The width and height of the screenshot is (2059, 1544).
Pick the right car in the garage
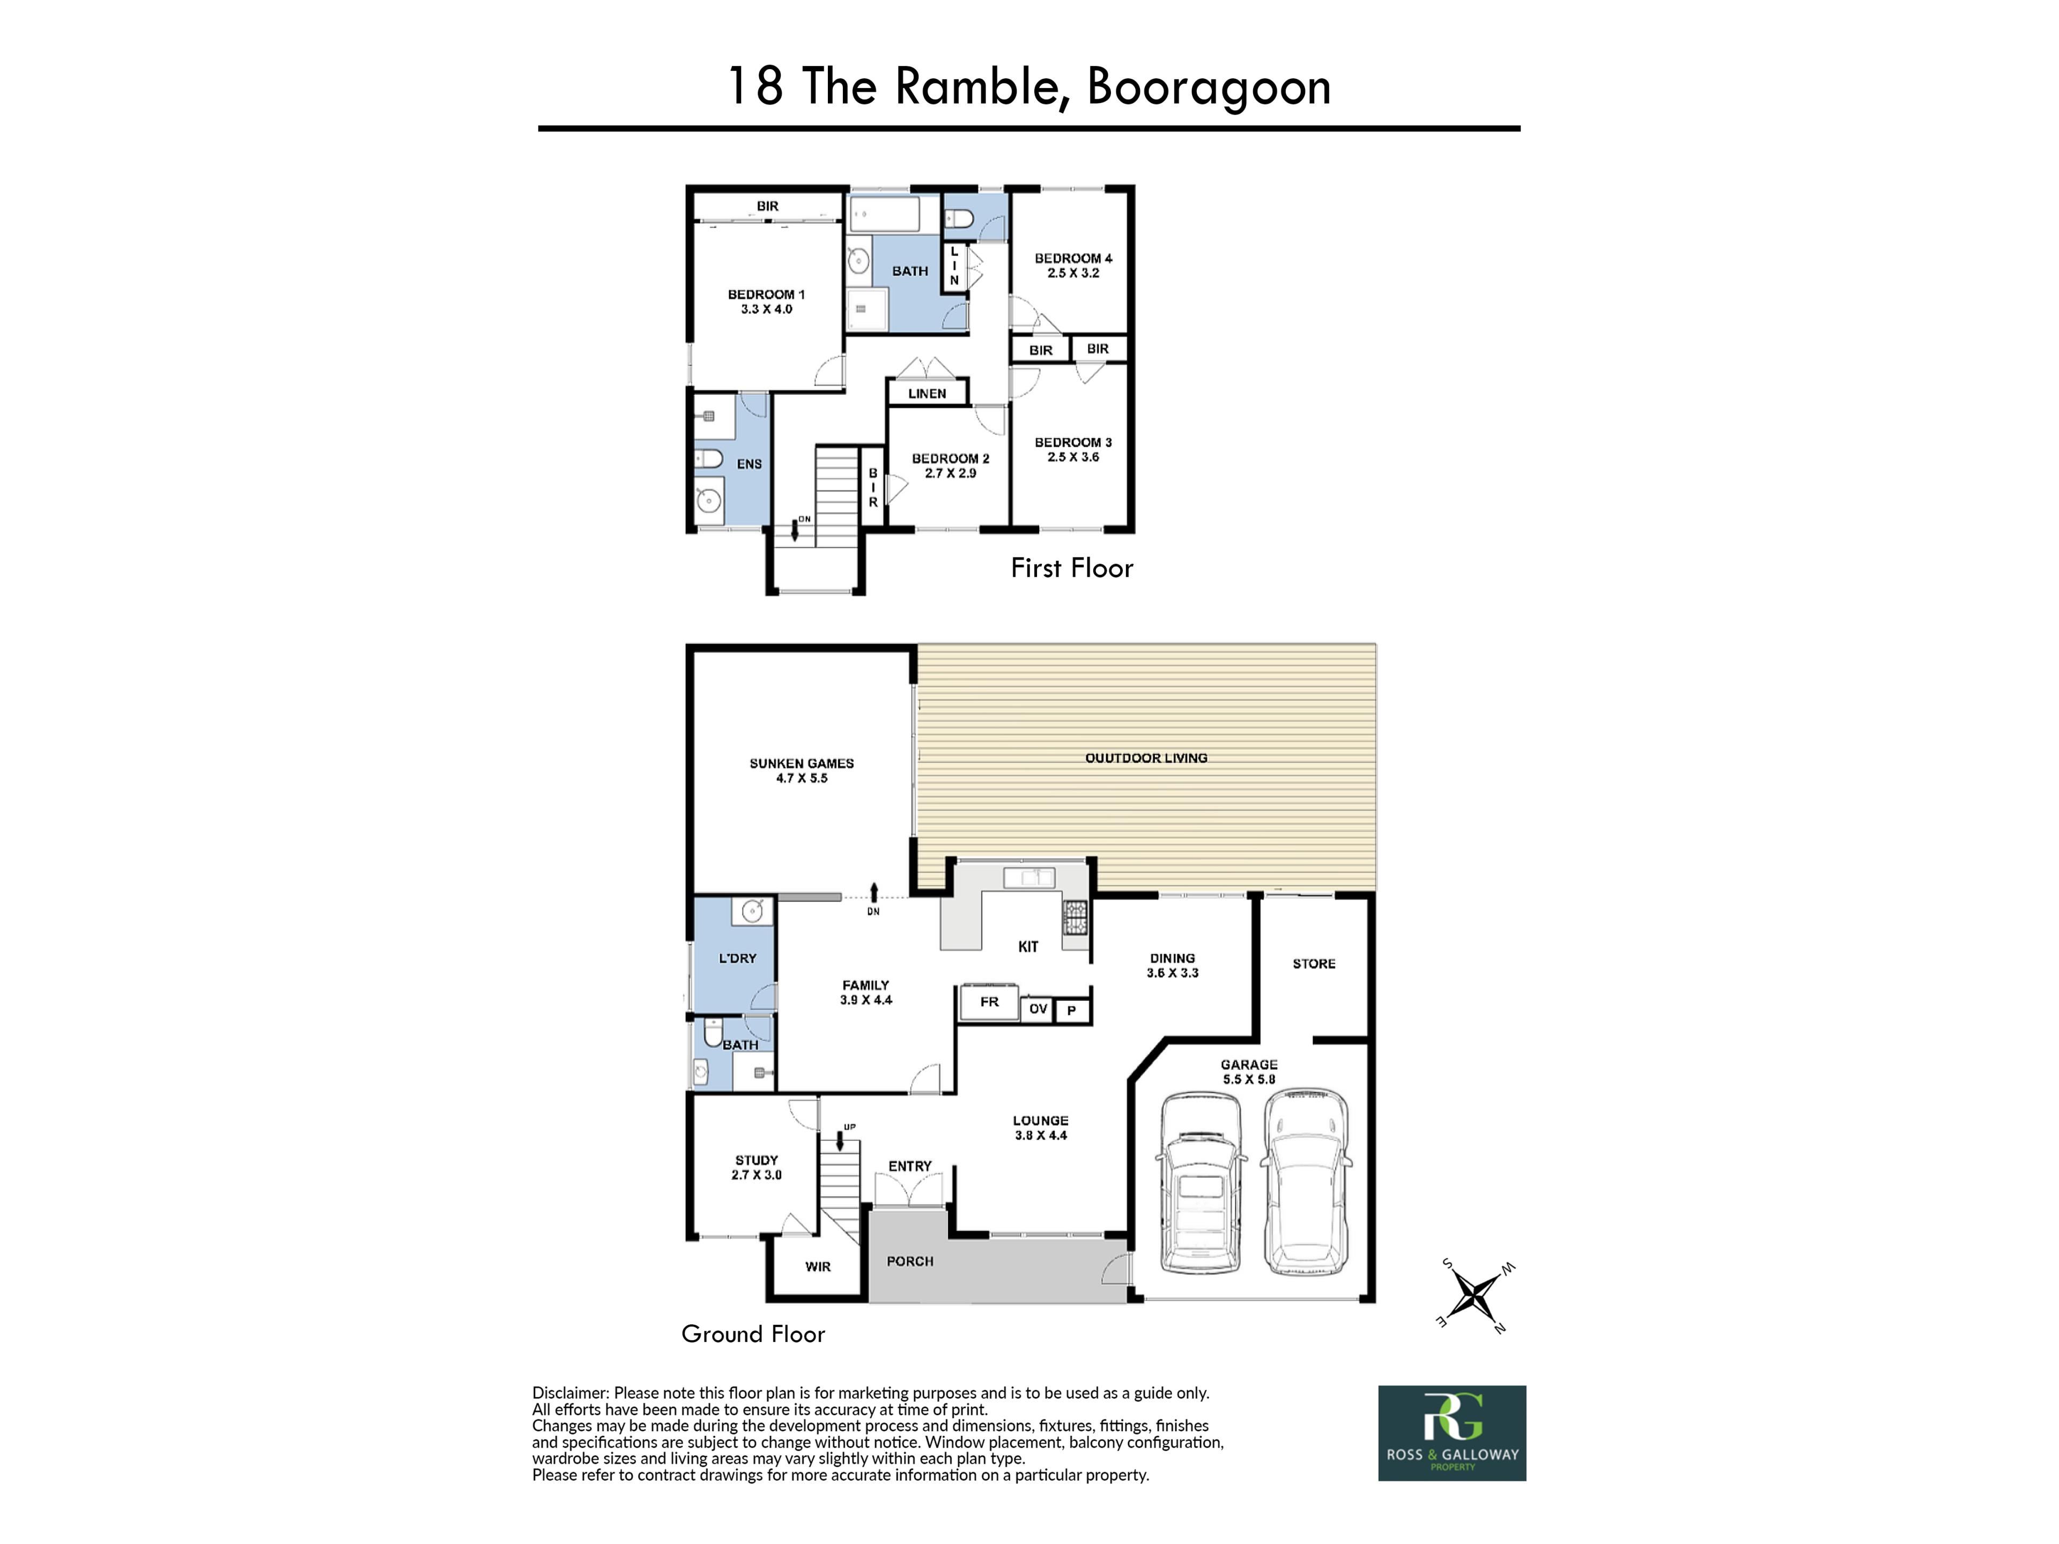[x=1306, y=1183]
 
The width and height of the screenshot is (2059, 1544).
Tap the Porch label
[x=909, y=1261]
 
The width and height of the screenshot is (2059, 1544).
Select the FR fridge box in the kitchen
[x=989, y=1003]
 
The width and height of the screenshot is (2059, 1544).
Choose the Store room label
[x=1313, y=963]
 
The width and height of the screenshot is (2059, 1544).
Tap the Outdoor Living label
[x=1146, y=758]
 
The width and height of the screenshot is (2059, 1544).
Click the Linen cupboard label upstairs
[x=927, y=394]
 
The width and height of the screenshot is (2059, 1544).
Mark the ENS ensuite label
[x=749, y=464]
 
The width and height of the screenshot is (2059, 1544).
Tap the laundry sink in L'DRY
[x=752, y=910]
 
